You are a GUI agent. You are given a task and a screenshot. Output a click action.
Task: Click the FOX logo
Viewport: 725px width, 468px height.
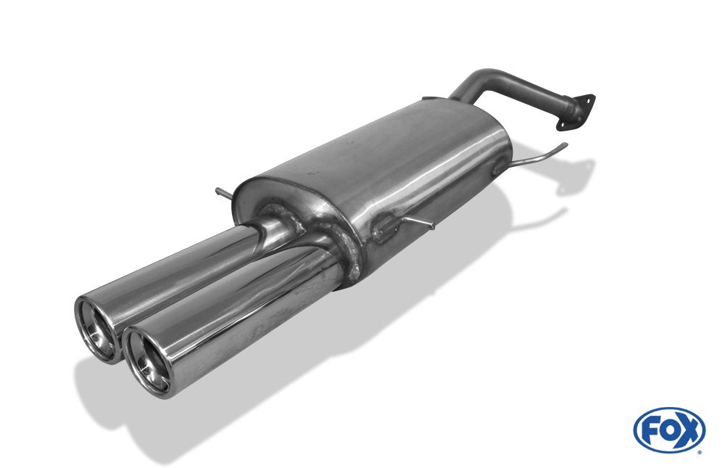coord(669,430)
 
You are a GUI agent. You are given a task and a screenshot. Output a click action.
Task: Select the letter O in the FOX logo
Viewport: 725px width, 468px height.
coord(669,429)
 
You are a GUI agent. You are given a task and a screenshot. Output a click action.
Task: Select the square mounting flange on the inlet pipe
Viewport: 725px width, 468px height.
coord(576,112)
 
